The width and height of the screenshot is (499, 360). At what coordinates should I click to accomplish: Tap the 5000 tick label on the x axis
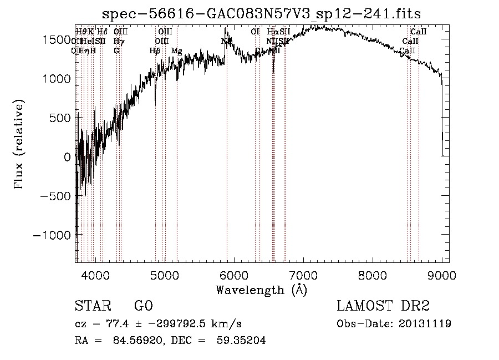click(165, 275)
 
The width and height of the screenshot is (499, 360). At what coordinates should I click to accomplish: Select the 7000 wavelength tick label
click(303, 275)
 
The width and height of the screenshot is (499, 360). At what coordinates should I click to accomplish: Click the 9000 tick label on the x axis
click(442, 275)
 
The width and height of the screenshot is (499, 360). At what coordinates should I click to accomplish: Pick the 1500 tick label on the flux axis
click(58, 40)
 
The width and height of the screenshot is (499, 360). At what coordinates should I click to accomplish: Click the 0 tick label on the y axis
click(68, 157)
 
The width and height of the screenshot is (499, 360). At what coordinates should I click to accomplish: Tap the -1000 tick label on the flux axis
click(53, 235)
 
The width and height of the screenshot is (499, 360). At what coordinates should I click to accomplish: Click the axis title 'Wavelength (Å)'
click(261, 290)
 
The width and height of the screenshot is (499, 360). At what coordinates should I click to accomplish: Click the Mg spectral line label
click(176, 51)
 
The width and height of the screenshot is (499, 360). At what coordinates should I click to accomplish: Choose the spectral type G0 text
click(143, 306)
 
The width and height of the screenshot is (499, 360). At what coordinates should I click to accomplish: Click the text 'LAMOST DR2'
click(383, 306)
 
